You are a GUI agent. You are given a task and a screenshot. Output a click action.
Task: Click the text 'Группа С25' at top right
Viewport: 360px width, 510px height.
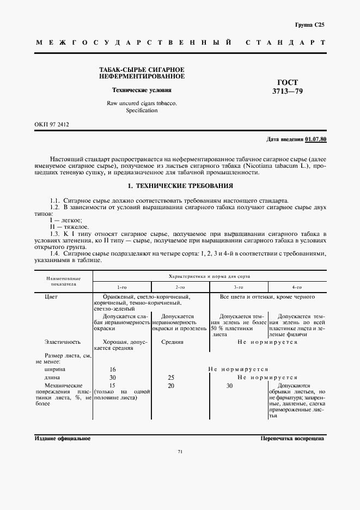(309, 25)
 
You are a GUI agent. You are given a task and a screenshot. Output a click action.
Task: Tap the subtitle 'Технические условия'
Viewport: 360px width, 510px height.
(141, 90)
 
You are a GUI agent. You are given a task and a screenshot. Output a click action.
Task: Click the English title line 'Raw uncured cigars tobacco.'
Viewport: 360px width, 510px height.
(141, 103)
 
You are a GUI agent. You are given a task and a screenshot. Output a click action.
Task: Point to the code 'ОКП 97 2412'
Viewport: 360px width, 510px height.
(51, 124)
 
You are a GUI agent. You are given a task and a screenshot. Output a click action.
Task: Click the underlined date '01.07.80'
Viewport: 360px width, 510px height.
(316, 139)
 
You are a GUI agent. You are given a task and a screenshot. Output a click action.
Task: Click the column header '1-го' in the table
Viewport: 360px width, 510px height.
(121, 287)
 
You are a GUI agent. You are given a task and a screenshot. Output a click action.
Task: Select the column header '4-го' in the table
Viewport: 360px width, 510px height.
(296, 287)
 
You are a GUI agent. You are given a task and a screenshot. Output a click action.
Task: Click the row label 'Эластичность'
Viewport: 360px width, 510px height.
(63, 342)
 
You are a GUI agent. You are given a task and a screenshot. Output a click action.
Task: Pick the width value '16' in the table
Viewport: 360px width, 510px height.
(113, 369)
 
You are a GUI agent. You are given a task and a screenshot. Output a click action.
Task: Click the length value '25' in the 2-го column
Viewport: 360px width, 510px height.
(172, 377)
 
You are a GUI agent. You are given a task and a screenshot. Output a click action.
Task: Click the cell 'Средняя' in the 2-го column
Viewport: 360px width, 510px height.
(172, 342)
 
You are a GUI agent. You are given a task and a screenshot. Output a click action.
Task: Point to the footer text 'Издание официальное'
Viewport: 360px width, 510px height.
(62, 438)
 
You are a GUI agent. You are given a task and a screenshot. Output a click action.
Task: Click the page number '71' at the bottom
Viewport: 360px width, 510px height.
(180, 452)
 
